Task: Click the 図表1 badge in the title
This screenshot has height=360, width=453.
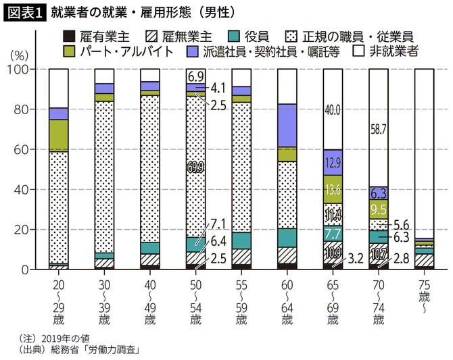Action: click(x=25, y=12)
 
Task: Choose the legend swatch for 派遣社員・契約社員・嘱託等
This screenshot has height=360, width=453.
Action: click(x=194, y=51)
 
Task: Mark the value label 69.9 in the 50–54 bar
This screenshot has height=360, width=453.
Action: click(x=196, y=164)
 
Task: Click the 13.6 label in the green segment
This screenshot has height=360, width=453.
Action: click(x=333, y=189)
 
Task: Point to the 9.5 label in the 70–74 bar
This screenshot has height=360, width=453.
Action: click(x=379, y=209)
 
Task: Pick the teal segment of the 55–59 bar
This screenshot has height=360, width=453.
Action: click(x=241, y=240)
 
